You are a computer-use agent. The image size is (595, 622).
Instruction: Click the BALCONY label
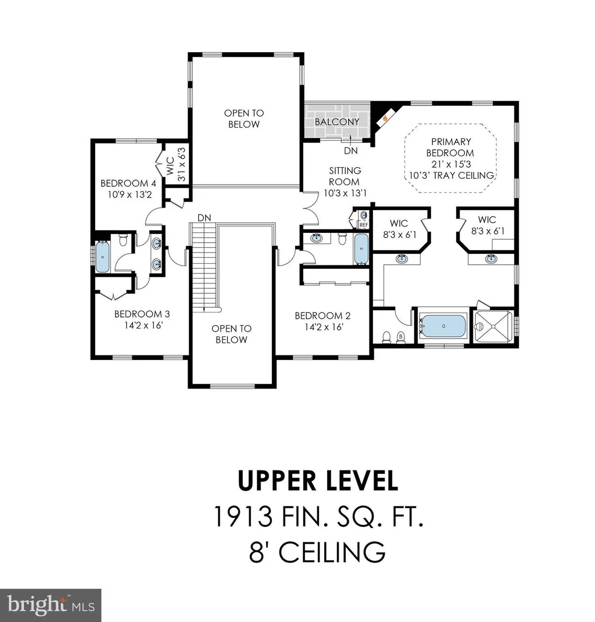point(336,122)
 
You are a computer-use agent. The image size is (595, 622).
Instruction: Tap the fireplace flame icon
point(385,117)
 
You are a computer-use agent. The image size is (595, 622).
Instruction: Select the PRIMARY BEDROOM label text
point(450,147)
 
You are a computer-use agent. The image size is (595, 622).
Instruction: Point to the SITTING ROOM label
point(345,176)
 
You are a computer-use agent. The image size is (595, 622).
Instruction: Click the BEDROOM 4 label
point(128,184)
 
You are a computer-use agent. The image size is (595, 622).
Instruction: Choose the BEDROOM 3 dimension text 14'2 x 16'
point(144,326)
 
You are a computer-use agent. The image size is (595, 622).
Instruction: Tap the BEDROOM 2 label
point(322,316)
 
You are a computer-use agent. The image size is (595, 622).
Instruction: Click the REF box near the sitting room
point(364,225)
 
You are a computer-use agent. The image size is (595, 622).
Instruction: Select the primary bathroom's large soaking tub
point(443,326)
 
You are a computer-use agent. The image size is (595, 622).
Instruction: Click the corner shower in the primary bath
point(493,326)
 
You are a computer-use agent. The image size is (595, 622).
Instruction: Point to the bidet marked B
point(400,337)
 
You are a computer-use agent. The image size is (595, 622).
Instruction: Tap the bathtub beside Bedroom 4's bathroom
point(102,257)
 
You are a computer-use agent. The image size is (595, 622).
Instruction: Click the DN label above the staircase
point(205,218)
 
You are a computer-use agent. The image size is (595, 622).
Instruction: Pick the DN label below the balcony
point(351,151)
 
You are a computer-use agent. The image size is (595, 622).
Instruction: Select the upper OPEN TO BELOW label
point(243,118)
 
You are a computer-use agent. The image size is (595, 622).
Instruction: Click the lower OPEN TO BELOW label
point(231,334)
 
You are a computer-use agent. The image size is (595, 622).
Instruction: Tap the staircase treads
point(204,267)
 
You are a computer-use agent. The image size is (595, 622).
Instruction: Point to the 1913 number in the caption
point(243,516)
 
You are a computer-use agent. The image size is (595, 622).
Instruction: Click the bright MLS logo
point(51,605)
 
